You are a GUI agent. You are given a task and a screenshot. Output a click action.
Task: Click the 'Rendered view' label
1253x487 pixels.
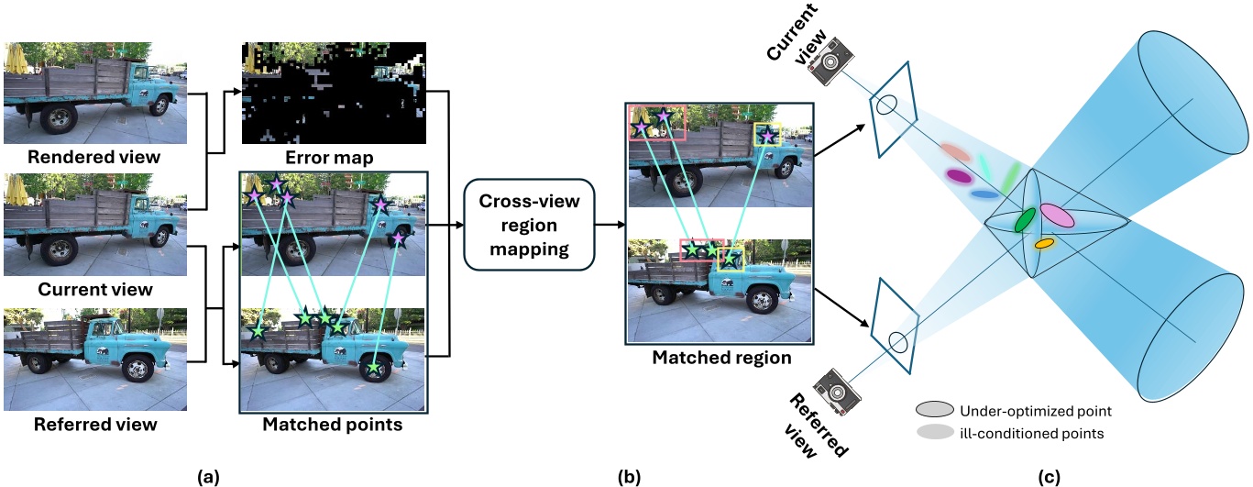95,156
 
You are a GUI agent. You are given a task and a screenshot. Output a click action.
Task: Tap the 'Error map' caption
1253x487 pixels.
333,158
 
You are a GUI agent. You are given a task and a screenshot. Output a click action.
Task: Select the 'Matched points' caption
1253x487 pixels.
333,425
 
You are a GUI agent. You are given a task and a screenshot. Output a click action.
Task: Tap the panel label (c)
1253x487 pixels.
1049,476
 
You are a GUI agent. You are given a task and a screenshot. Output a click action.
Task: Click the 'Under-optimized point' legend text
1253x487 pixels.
1023,411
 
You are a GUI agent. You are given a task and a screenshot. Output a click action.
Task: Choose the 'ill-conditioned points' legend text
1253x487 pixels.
1017,432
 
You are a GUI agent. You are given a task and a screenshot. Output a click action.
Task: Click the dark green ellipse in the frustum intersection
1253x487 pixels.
1024,220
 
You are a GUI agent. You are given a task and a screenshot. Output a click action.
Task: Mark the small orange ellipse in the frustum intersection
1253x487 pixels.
1044,244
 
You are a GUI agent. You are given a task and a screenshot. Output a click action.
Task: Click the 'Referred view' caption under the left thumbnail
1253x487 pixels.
95,425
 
